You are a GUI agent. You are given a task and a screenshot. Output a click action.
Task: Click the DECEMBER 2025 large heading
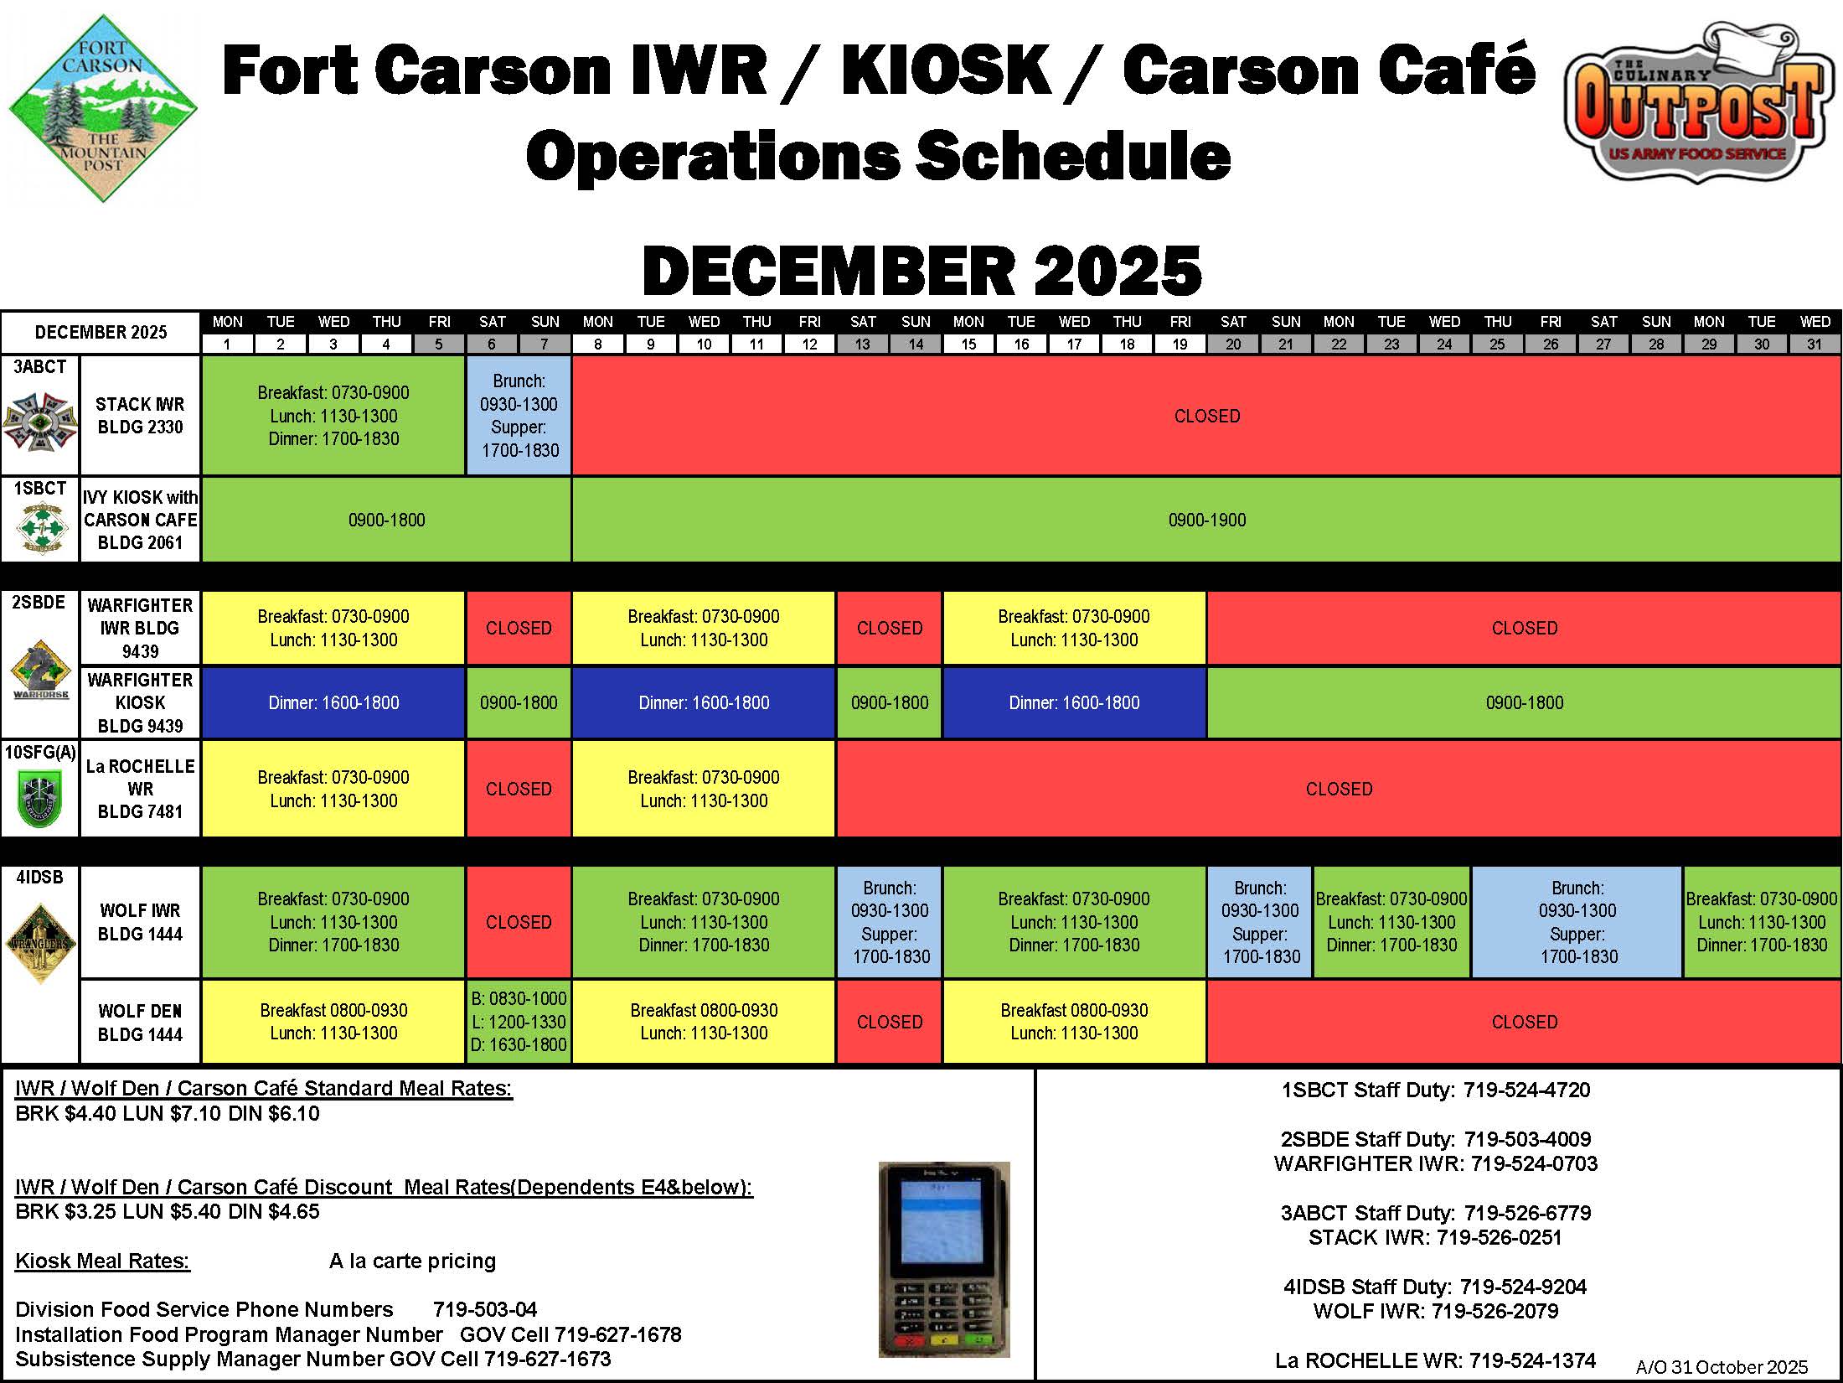pyautogui.click(x=921, y=271)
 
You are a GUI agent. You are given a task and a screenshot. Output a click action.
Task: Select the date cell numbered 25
pyautogui.click(x=1497, y=344)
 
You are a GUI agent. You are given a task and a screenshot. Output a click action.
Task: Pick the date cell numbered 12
pyautogui.click(x=809, y=344)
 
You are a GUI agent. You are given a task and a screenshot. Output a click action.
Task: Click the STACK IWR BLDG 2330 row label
pyautogui.click(x=140, y=416)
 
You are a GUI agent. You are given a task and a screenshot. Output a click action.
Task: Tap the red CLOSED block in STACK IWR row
pyautogui.click(x=1206, y=416)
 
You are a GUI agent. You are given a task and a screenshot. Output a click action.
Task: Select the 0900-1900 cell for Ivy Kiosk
pyautogui.click(x=1206, y=520)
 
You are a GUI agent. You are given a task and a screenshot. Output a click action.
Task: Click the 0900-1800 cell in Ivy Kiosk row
pyautogui.click(x=386, y=520)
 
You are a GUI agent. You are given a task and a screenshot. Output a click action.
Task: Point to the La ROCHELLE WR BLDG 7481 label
pyautogui.click(x=140, y=789)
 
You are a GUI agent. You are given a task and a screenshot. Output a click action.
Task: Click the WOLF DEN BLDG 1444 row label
pyautogui.click(x=140, y=1023)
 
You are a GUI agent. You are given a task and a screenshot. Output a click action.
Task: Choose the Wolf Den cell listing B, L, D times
pyautogui.click(x=519, y=1022)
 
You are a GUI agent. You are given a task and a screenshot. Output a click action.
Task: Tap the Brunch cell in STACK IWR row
pyautogui.click(x=519, y=416)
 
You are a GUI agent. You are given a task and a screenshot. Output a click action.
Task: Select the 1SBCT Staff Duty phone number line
pyautogui.click(x=1436, y=1090)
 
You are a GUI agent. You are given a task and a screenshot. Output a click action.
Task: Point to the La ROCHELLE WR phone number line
pyautogui.click(x=1436, y=1360)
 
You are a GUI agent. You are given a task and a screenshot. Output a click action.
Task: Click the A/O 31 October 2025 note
pyautogui.click(x=1722, y=1367)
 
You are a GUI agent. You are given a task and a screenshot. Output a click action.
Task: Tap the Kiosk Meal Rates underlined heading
pyautogui.click(x=103, y=1261)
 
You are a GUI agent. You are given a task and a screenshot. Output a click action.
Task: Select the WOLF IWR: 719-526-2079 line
pyautogui.click(x=1436, y=1311)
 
